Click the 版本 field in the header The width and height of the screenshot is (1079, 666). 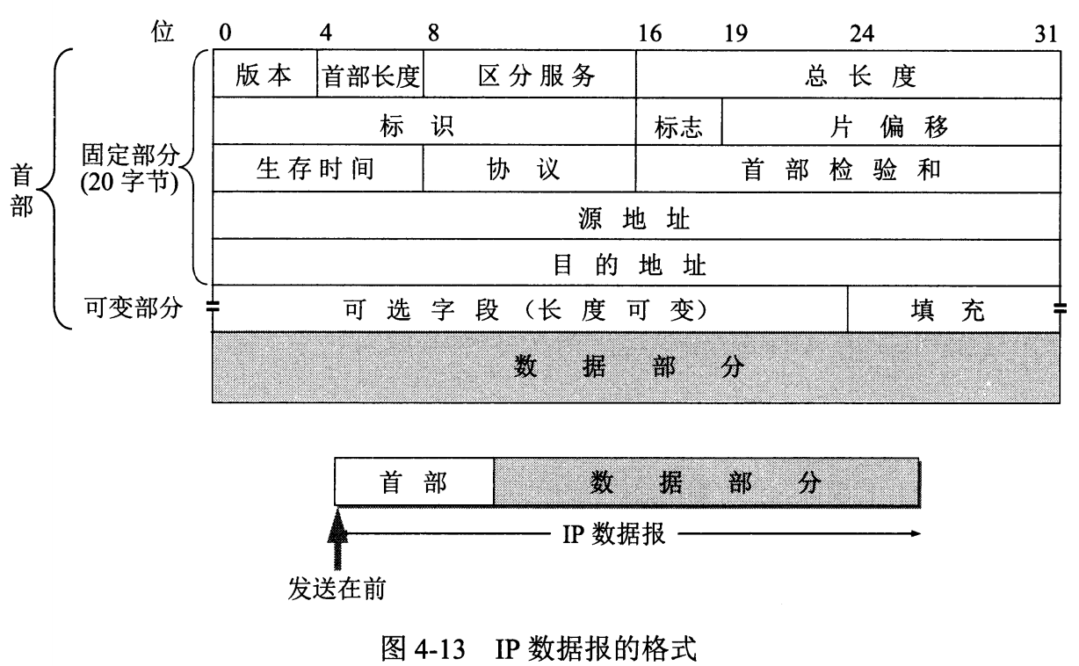[x=265, y=74]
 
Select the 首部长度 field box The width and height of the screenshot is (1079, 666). [x=371, y=74]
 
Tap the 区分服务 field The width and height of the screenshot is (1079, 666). [x=529, y=74]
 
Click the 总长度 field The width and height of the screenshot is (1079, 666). [x=848, y=75]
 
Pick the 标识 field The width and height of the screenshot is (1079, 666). [x=424, y=121]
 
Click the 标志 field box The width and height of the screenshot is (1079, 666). [x=678, y=122]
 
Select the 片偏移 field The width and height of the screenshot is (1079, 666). [x=891, y=122]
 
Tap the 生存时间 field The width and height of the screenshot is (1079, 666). [x=318, y=168]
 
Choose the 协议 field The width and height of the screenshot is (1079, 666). [x=529, y=169]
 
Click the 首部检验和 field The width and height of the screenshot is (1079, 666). [x=848, y=169]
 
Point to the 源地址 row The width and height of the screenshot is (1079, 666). [x=636, y=216]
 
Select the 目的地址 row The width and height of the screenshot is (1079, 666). [x=636, y=263]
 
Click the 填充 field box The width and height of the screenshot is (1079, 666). [x=953, y=309]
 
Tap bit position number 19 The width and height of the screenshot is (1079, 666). [x=736, y=33]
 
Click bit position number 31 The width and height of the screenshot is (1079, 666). [x=1046, y=33]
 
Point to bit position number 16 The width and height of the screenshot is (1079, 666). [x=650, y=33]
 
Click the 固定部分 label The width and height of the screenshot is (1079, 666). [x=130, y=155]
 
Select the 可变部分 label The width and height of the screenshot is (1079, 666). [x=134, y=308]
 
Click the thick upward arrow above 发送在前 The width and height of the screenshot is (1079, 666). [x=337, y=539]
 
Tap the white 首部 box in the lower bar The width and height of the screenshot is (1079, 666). [x=414, y=481]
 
